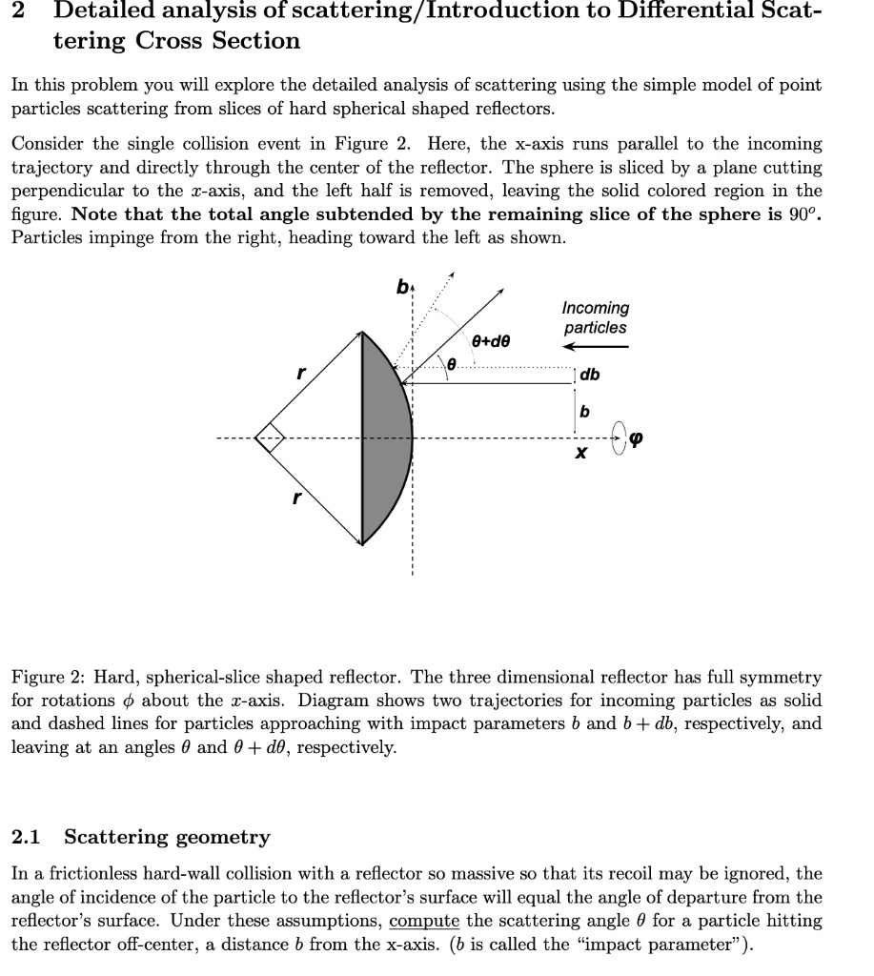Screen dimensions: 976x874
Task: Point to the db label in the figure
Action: [591, 376]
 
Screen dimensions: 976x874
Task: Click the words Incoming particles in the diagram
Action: [595, 317]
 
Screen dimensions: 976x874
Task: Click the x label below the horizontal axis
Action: [579, 457]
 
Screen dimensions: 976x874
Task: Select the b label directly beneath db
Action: [584, 410]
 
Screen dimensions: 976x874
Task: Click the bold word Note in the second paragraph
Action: [92, 213]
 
